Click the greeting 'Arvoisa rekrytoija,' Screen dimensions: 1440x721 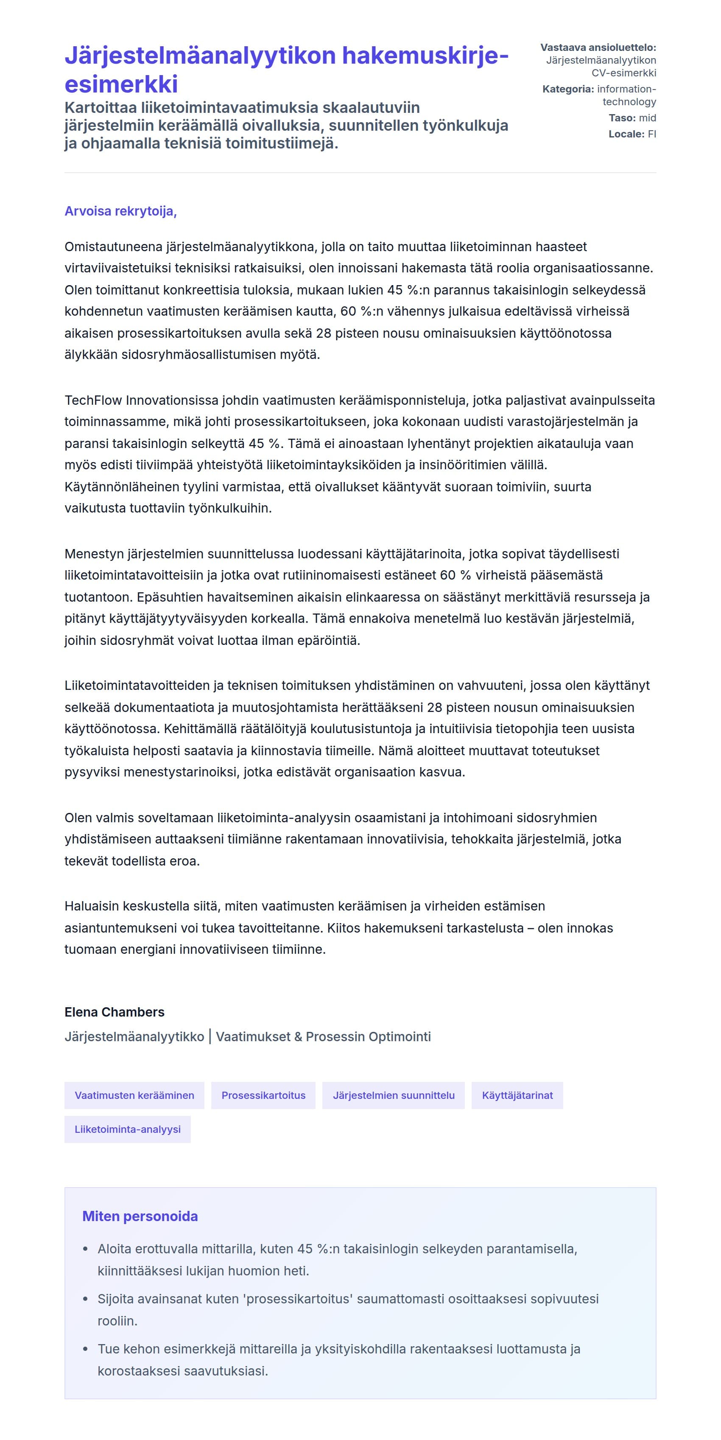click(x=120, y=211)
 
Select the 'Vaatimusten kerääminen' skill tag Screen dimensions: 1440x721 click(x=134, y=1095)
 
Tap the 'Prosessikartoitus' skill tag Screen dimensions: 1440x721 click(x=263, y=1095)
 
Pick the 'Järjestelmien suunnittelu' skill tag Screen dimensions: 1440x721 click(x=394, y=1095)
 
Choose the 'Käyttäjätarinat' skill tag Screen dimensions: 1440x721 click(x=517, y=1095)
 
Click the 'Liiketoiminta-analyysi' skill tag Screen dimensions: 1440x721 click(x=127, y=1129)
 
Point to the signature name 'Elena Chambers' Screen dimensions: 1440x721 click(x=115, y=1012)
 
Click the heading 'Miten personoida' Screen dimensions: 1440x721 click(x=140, y=1216)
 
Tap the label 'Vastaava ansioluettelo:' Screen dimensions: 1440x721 click(x=598, y=48)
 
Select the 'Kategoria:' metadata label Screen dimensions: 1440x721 click(x=568, y=89)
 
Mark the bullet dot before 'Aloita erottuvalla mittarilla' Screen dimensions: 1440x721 click(x=86, y=1249)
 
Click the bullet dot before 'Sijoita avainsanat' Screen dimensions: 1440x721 click(x=86, y=1299)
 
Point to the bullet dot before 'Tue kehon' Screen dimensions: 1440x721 click(x=86, y=1349)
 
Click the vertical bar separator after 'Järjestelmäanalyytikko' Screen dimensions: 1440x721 click(x=210, y=1037)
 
